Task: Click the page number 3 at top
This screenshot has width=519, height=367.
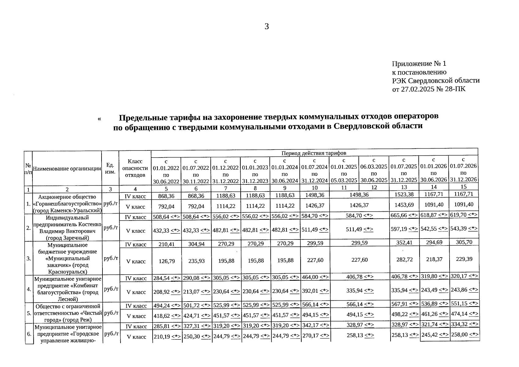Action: (266, 27)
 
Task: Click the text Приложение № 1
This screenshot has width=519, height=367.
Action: (419, 64)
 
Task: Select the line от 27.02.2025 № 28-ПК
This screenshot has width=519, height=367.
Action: (429, 89)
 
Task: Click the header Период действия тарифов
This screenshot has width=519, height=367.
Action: (314, 153)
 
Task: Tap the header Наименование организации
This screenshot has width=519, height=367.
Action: (67, 169)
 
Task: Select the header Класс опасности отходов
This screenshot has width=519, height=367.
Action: (135, 168)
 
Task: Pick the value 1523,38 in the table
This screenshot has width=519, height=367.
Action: (404, 195)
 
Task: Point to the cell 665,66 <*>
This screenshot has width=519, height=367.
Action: (404, 215)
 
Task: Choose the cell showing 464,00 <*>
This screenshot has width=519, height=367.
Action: (315, 277)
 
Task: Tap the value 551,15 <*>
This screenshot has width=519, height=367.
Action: (464, 303)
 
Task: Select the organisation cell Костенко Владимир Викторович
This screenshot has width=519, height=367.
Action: (67, 228)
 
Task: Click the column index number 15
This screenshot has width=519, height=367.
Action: (463, 187)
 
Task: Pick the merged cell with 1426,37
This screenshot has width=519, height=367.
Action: (359, 206)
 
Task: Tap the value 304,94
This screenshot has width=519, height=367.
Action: (196, 244)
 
